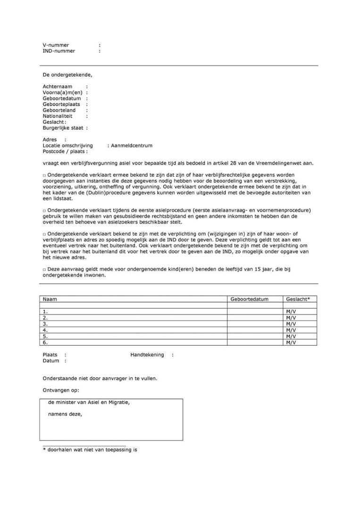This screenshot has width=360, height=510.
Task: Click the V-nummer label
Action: pyautogui.click(x=56, y=45)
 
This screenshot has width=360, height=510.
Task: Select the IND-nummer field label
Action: pyautogui.click(x=59, y=51)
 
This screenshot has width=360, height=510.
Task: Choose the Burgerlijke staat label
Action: pyautogui.click(x=63, y=128)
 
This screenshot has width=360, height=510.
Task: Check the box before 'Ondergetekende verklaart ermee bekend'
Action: pyautogui.click(x=44, y=176)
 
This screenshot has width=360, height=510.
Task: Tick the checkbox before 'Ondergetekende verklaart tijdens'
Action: pyautogui.click(x=44, y=210)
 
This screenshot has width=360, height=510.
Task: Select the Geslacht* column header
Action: pyautogui.click(x=298, y=299)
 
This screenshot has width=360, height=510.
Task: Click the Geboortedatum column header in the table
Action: pyautogui.click(x=249, y=299)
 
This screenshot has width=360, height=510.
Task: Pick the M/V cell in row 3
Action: pyautogui.click(x=291, y=324)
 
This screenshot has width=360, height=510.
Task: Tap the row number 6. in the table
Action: pyautogui.click(x=45, y=342)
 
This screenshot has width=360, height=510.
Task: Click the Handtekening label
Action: pyautogui.click(x=147, y=355)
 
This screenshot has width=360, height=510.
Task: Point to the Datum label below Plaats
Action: pyautogui.click(x=51, y=361)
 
